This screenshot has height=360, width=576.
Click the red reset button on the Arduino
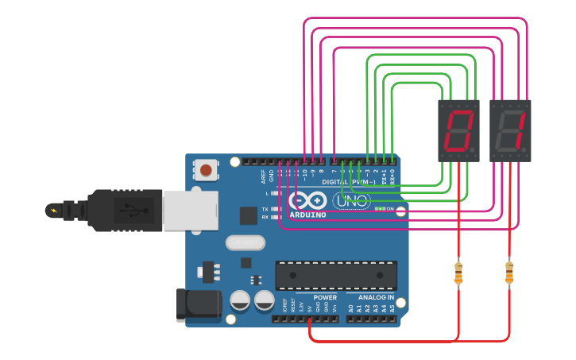click(x=206, y=169)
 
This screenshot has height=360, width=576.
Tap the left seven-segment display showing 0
click(x=458, y=130)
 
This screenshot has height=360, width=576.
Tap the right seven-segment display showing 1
click(x=510, y=130)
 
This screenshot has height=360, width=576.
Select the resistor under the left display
click(x=458, y=273)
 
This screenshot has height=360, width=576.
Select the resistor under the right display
click(x=509, y=273)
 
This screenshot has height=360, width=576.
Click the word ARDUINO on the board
click(x=308, y=215)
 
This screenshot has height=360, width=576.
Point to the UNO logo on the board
click(x=350, y=201)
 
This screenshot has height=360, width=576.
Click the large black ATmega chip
click(x=336, y=274)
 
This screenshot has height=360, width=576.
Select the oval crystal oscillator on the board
click(x=245, y=242)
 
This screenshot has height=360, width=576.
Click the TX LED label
click(x=265, y=209)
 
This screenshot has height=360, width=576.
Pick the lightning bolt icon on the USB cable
click(x=54, y=211)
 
